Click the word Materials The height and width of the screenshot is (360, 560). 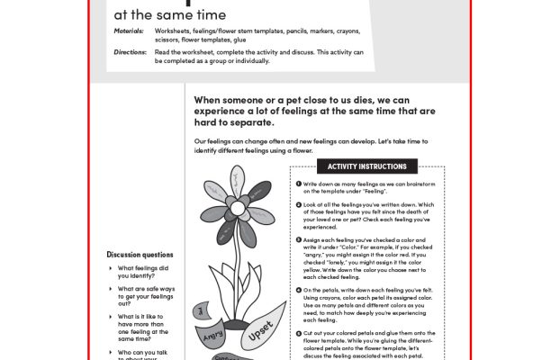tap(128, 31)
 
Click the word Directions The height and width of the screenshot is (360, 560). tap(130, 52)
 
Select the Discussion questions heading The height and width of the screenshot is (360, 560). tap(140, 255)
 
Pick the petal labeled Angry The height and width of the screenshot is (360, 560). tap(213, 334)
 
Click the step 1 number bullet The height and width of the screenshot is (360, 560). tap(298, 184)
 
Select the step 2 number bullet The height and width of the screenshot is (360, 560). tap(298, 205)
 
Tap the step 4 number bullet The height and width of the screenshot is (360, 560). tap(298, 290)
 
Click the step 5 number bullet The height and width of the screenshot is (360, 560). tap(298, 332)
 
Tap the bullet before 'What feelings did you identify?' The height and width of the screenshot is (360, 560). tap(111, 267)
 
